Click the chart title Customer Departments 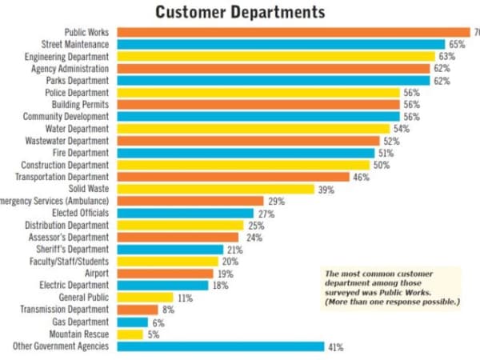click(x=240, y=12)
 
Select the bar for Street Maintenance click(x=281, y=44)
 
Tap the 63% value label click(x=447, y=57)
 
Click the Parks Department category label click(x=80, y=81)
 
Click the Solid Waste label click(x=89, y=189)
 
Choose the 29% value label click(x=276, y=201)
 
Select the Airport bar click(x=165, y=274)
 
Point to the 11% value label click(x=186, y=298)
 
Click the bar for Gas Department click(x=133, y=322)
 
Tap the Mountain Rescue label click(x=79, y=334)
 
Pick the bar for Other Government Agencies click(x=221, y=346)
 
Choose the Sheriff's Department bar click(x=170, y=250)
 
